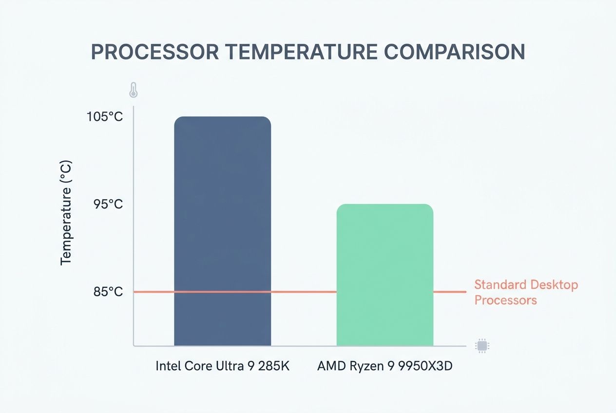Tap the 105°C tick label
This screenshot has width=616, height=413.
pos(105,117)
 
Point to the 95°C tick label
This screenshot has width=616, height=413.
pos(108,205)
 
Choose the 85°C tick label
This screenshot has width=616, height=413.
pos(108,292)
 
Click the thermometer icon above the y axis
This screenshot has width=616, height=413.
pos(133,90)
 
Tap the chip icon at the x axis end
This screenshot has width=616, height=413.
pos(482,346)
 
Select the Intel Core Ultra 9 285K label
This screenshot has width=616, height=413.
pos(222,366)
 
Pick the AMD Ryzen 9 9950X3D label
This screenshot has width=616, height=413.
pos(385,366)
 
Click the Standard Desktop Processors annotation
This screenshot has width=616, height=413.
pos(526,292)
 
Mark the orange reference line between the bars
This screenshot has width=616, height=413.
pos(304,292)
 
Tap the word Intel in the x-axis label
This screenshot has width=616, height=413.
pos(167,366)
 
